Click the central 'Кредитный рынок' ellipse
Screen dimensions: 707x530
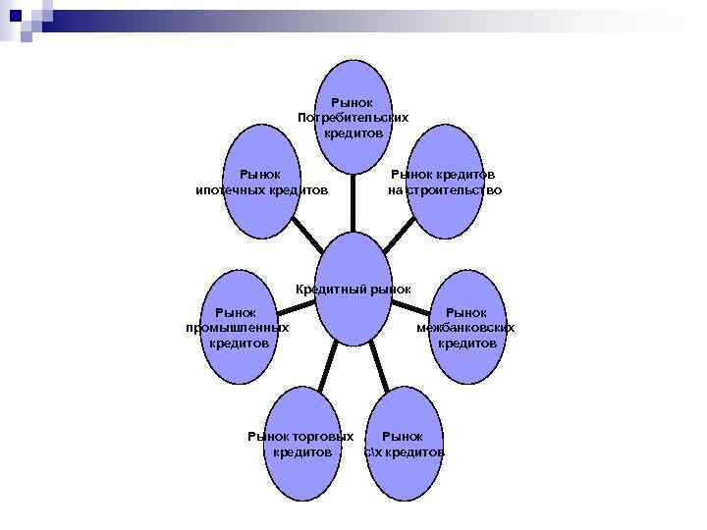pyautogui.click(x=353, y=304)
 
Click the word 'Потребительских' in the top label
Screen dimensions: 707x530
pyautogui.click(x=353, y=117)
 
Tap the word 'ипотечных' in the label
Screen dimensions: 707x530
pyautogui.click(x=233, y=190)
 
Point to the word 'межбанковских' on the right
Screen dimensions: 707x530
pyautogui.click(x=465, y=327)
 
